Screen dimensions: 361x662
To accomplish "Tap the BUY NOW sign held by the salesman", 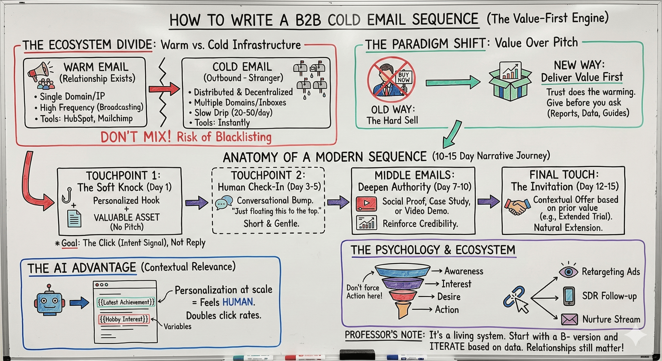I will [x=404, y=77].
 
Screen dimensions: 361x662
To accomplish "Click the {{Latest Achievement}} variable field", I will [x=126, y=302].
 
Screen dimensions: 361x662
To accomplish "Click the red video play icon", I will [x=366, y=203].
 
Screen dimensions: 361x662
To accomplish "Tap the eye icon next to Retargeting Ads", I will [x=568, y=272].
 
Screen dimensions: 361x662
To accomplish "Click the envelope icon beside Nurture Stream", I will [x=569, y=319].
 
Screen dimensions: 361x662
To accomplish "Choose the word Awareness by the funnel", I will [x=464, y=271].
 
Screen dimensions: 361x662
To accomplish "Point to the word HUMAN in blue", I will [x=238, y=302].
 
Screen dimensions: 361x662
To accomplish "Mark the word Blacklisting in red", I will [x=243, y=137].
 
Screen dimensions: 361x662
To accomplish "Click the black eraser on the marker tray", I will [x=357, y=354].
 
